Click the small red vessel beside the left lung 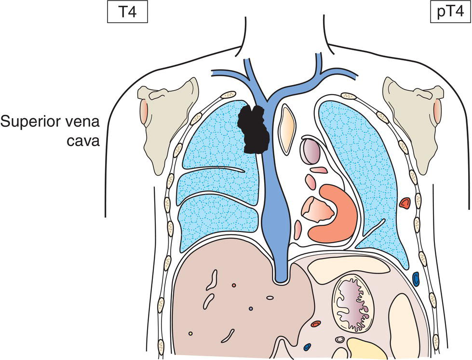point(405,203)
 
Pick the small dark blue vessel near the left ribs point(416,278)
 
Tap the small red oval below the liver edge point(316,324)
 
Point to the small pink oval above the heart point(319,170)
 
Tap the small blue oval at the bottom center point(307,346)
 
